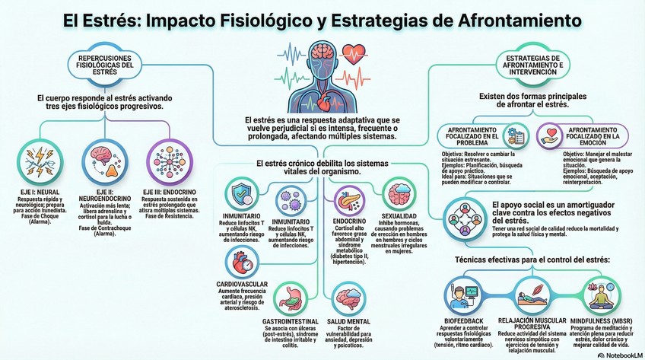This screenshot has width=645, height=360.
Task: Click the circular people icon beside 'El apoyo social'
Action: tap(464, 217)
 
